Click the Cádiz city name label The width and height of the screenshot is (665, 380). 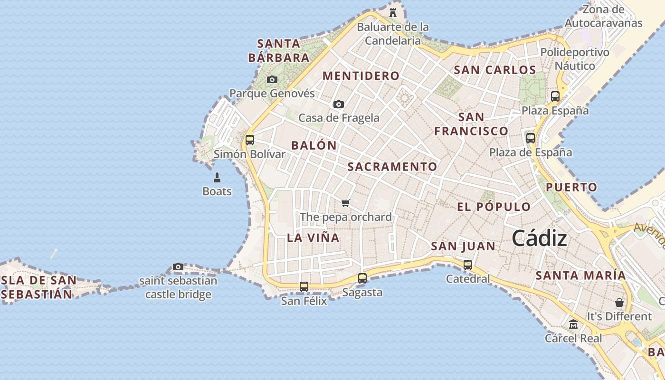[x=539, y=238]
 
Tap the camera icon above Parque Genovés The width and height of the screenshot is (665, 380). [x=272, y=80]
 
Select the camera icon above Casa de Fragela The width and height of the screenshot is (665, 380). [x=338, y=104]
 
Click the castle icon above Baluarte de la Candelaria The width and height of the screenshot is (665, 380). [x=393, y=13]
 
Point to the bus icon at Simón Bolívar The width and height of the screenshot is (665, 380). [x=250, y=140]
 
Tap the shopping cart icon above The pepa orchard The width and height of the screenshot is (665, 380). [x=346, y=203]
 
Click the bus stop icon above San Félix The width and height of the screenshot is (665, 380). [x=304, y=287]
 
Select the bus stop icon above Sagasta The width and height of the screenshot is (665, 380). [x=362, y=278]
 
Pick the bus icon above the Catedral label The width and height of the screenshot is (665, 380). [x=468, y=265]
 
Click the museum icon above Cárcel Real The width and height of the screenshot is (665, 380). [x=573, y=324]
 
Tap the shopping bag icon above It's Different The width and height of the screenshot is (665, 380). [x=619, y=303]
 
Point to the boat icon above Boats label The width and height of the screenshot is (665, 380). [x=217, y=178]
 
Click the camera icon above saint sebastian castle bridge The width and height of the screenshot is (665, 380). [x=178, y=266]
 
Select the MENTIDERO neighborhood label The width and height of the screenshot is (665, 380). [x=361, y=76]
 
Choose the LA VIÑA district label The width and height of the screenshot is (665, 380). [x=313, y=238]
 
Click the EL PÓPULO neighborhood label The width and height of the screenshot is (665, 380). [x=494, y=207]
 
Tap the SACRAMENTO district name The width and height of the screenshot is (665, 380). [x=392, y=167]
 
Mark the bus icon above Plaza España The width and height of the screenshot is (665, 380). [x=555, y=96]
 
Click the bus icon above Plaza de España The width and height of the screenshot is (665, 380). [x=531, y=138]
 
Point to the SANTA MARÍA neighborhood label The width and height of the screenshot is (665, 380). [x=580, y=275]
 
